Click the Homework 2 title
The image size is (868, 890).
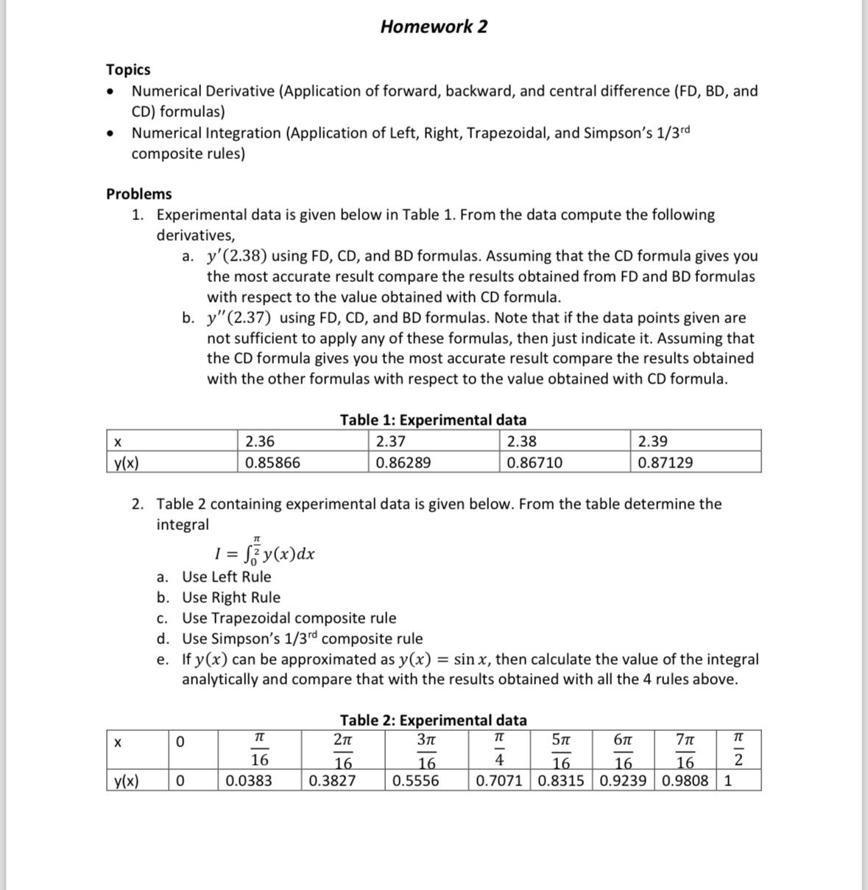tap(434, 27)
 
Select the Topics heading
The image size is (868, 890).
tap(128, 69)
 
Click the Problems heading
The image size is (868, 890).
tap(139, 194)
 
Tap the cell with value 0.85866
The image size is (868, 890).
tap(272, 463)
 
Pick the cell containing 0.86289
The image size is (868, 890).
tap(403, 463)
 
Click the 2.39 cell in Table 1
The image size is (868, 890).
tap(653, 442)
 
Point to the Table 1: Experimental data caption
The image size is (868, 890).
tap(433, 420)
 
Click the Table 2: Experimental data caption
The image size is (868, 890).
tap(433, 720)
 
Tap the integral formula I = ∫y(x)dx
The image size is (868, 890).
tap(264, 552)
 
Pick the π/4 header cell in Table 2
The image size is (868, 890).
tap(498, 749)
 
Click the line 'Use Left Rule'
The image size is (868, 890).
tap(226, 577)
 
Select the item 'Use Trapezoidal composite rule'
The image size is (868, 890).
tap(289, 618)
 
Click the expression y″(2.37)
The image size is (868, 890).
tap(239, 318)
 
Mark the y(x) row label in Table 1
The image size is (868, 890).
tap(127, 463)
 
